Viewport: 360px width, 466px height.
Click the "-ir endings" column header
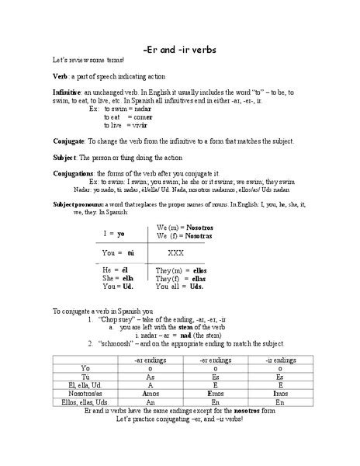280,360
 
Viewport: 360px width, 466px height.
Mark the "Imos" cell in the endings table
280,394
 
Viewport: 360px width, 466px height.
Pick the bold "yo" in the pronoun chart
121,231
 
